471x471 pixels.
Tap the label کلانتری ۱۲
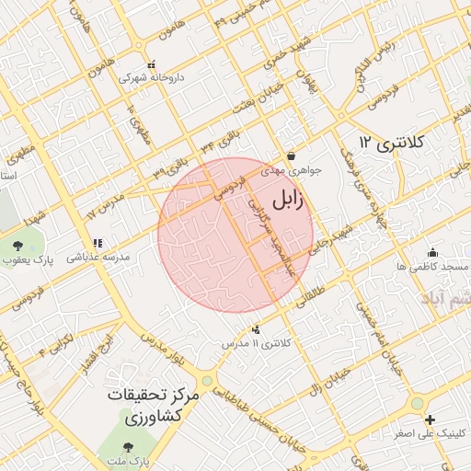pos(391,143)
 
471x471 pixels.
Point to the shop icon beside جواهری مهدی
pos(291,156)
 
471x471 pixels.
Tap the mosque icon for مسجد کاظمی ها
pos(432,253)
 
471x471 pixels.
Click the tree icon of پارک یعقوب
pos(18,245)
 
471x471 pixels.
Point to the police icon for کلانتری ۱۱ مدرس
pos(255,329)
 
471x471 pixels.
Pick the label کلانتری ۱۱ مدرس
pos(258,343)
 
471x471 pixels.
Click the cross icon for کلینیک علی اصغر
pos(430,420)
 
